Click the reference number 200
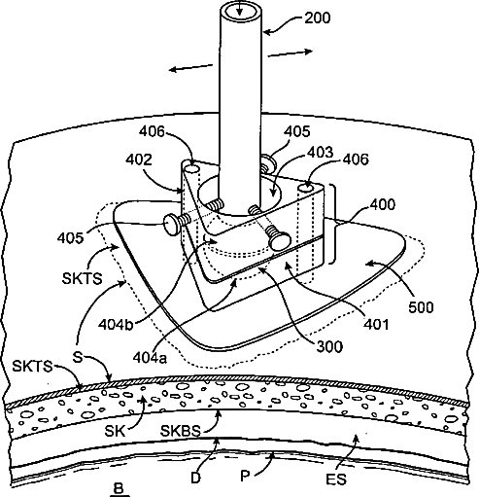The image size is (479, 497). pos(318,18)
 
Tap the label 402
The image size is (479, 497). pos(139,160)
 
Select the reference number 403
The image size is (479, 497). pos(320,152)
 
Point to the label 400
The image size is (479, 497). pos(383,204)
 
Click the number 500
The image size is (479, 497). pos(421,307)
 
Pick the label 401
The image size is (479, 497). pos(376,324)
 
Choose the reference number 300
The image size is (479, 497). pos(329,347)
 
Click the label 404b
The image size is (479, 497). pos(116,324)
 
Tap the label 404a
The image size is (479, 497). pos(150,358)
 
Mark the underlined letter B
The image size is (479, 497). pos(120,488)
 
